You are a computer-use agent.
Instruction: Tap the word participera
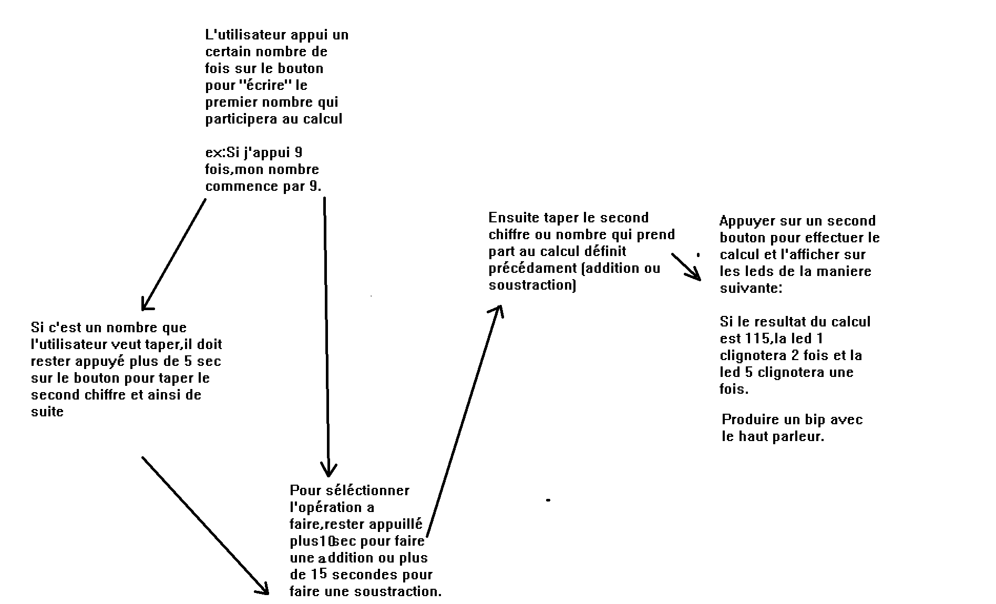click(x=241, y=119)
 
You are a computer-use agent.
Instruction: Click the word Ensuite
click(x=512, y=218)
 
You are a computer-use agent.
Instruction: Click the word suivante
click(x=751, y=289)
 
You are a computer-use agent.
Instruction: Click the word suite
click(x=47, y=412)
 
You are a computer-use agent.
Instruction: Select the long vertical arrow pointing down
click(x=326, y=337)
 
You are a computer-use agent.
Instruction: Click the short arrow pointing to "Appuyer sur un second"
click(x=686, y=267)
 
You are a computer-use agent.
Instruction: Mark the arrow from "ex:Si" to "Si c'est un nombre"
click(x=173, y=254)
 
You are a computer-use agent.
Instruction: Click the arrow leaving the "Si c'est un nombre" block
click(x=206, y=526)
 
